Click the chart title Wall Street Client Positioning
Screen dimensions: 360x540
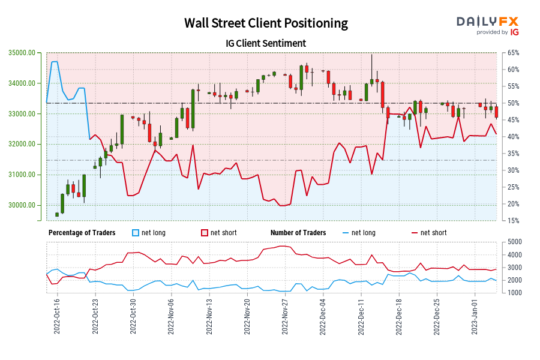tap(266, 23)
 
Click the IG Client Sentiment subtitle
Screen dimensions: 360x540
tap(266, 43)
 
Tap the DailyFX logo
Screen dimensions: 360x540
tap(488, 22)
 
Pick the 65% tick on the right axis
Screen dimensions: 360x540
tap(512, 53)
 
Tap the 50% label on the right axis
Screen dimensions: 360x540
tap(512, 103)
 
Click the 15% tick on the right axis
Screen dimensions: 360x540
tap(512, 221)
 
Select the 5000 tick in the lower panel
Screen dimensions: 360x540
tap(514, 242)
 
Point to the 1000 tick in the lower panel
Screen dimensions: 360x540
tap(514, 293)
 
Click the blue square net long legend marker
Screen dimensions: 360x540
tap(136, 233)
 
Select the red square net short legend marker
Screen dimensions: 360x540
tap(205, 233)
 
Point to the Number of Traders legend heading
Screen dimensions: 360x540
tap(298, 233)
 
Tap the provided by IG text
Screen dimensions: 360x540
tap(497, 32)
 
